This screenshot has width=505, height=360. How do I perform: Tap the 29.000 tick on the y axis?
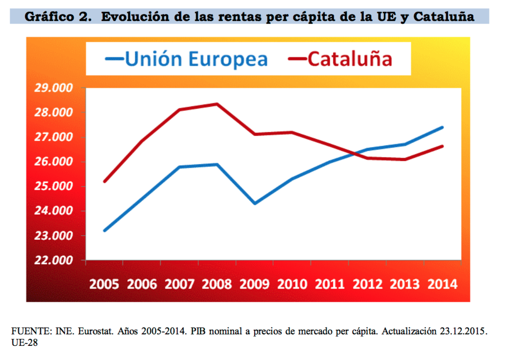[54, 88]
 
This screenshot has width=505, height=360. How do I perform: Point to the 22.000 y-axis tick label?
[54, 260]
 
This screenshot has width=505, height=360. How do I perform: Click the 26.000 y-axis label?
[54, 162]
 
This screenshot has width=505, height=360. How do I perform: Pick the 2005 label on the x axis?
[104, 284]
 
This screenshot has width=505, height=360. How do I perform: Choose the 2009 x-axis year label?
[255, 284]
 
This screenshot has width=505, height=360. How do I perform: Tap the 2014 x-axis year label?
[442, 284]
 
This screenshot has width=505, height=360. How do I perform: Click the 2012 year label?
[368, 284]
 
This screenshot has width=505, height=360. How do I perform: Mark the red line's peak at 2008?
[217, 104]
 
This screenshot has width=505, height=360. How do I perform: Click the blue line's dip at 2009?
[255, 203]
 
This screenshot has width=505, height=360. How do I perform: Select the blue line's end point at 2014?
[442, 127]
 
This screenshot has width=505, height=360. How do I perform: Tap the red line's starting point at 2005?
[104, 182]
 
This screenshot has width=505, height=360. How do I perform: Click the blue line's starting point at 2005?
[104, 230]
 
